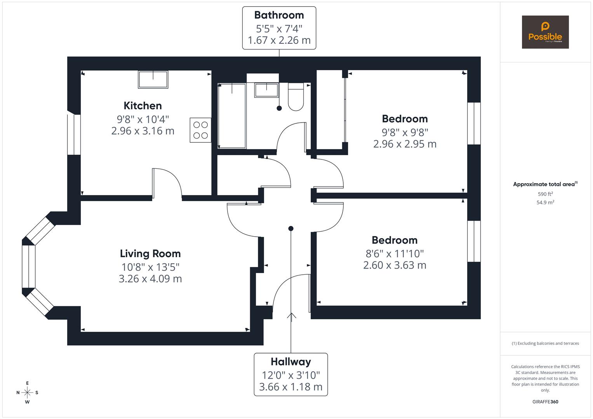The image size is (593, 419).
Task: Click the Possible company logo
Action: coord(545,32)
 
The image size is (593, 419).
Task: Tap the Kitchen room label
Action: coord(143,106)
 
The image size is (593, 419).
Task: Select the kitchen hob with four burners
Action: coord(200,130)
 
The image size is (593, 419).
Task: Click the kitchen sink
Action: coord(153,80)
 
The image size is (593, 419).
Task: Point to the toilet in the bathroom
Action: coord(296,97)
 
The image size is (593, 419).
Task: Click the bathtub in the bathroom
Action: coord(232,116)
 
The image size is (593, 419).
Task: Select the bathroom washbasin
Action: coord(266,90)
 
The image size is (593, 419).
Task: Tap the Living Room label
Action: coord(150,254)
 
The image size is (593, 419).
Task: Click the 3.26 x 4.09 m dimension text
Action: coord(150,279)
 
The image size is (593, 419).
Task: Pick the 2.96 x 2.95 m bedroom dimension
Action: coord(405,144)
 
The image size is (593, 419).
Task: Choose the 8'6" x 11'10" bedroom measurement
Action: coord(395,253)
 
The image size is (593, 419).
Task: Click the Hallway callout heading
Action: coord(290,362)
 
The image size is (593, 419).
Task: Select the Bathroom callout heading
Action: coord(279,15)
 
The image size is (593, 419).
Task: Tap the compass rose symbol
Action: coord(27,393)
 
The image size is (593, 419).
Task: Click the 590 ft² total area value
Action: coord(545,194)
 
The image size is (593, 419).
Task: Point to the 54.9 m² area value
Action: coord(545,202)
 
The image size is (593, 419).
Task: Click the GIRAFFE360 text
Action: coord(545,402)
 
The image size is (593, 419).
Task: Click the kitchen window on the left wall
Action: coord(74,134)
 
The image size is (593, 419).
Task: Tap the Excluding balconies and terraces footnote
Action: coord(545,343)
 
